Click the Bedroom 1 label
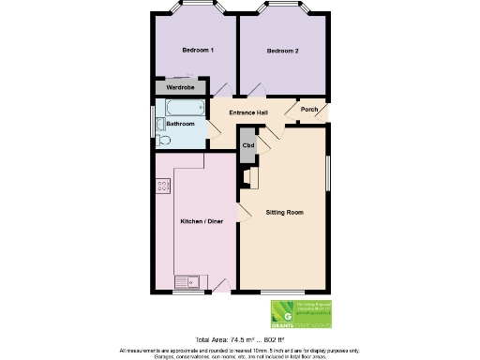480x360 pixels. click(198, 50)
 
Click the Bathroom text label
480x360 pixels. click(180, 124)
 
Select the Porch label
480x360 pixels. click(309, 110)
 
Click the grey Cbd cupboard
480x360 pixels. click(248, 145)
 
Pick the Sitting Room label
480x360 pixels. click(285, 214)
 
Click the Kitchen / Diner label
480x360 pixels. click(202, 221)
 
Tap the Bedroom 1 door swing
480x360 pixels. click(221, 89)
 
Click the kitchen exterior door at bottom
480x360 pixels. click(220, 285)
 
